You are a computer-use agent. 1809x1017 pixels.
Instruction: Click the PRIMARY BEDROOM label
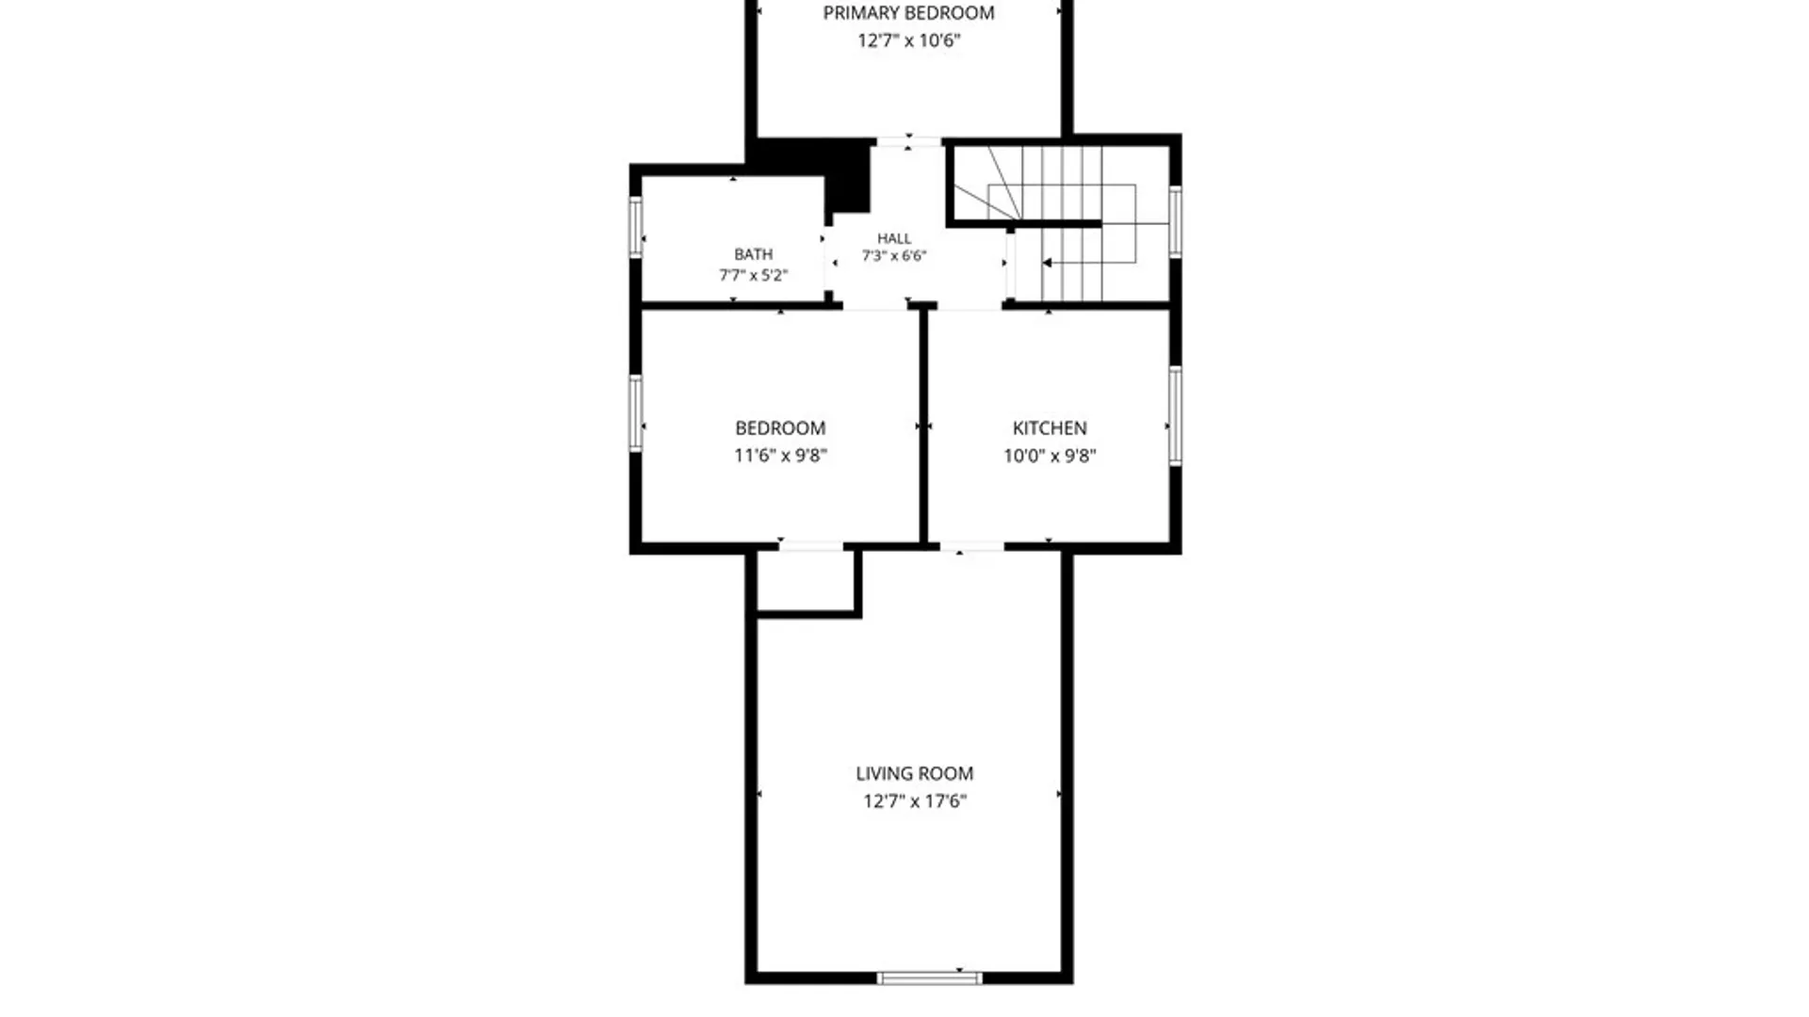pos(908,13)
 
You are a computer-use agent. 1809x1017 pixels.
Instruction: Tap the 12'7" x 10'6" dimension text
pos(908,40)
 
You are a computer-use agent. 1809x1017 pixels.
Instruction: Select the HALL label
pos(894,238)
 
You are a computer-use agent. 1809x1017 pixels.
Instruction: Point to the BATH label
pos(754,254)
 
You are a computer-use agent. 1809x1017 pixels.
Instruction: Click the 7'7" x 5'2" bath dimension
pos(754,275)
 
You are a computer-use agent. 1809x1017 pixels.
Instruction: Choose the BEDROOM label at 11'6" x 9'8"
pos(780,428)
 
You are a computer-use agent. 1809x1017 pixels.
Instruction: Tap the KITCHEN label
pos(1050,428)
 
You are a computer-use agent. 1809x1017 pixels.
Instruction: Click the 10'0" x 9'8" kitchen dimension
pos(1050,456)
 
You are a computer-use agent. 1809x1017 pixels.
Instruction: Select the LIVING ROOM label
pos(915,774)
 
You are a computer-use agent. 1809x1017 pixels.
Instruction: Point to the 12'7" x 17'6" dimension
pos(915,801)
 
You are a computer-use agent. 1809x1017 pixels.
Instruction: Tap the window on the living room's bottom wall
pos(929,978)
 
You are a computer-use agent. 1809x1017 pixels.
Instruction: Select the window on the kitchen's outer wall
pos(1175,415)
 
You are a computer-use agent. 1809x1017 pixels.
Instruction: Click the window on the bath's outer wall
pos(636,227)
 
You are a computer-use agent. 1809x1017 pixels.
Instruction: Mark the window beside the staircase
pos(1175,221)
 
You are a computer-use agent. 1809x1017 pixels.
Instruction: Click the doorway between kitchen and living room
pos(971,546)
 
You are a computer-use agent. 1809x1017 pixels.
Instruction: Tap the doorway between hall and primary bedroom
pos(908,142)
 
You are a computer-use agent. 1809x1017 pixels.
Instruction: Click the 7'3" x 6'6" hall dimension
pos(894,256)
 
